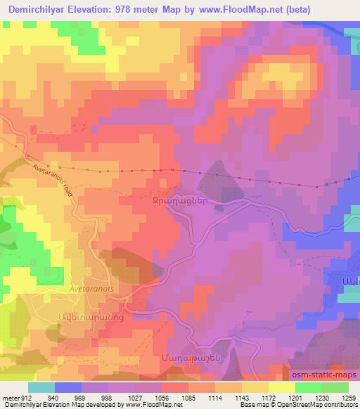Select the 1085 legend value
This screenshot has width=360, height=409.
pyautogui.click(x=189, y=398)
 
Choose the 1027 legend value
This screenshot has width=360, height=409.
pyautogui.click(x=136, y=398)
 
